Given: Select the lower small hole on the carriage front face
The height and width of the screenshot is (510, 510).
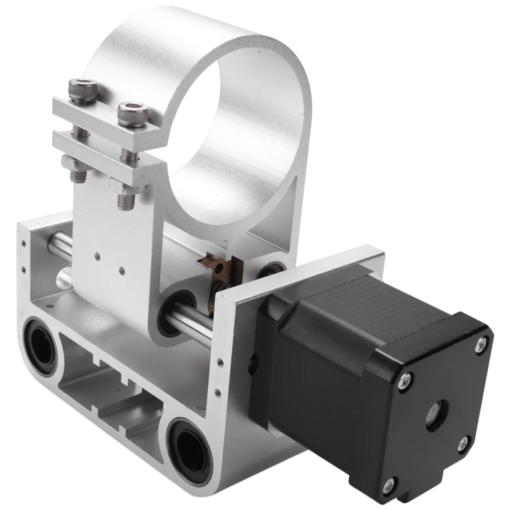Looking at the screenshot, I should [122, 269].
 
